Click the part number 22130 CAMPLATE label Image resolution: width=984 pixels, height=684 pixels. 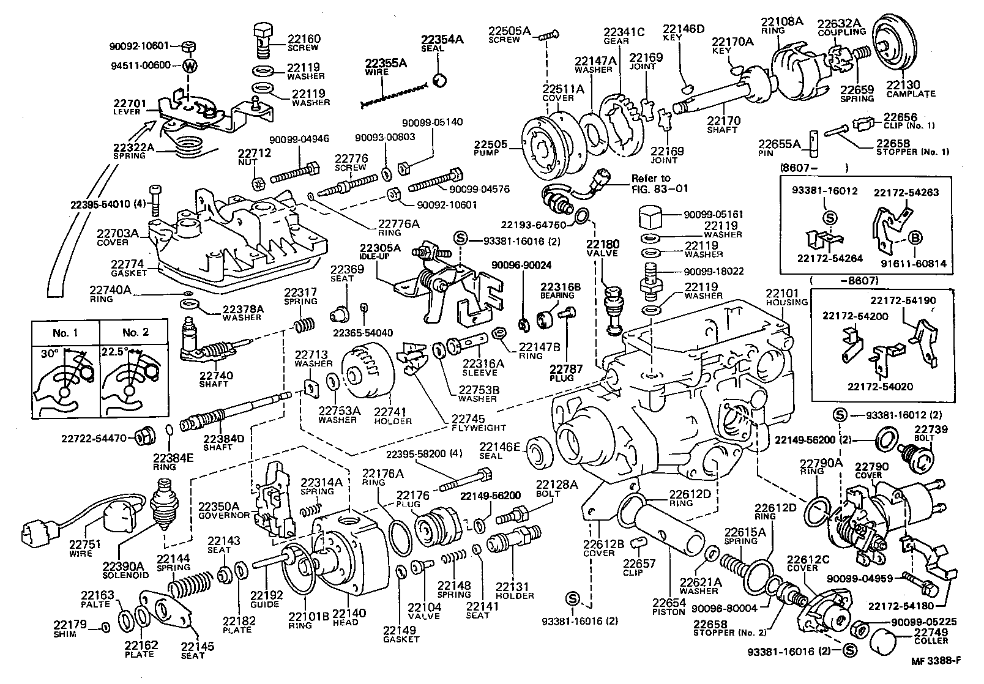pyautogui.click(x=910, y=89)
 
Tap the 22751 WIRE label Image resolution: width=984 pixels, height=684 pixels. pyautogui.click(x=80, y=549)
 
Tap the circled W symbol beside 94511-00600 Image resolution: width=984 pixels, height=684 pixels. pyautogui.click(x=190, y=66)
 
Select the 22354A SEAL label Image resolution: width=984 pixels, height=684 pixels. pyautogui.click(x=442, y=43)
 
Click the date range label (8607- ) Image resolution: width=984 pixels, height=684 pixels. pyautogui.click(x=814, y=166)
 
